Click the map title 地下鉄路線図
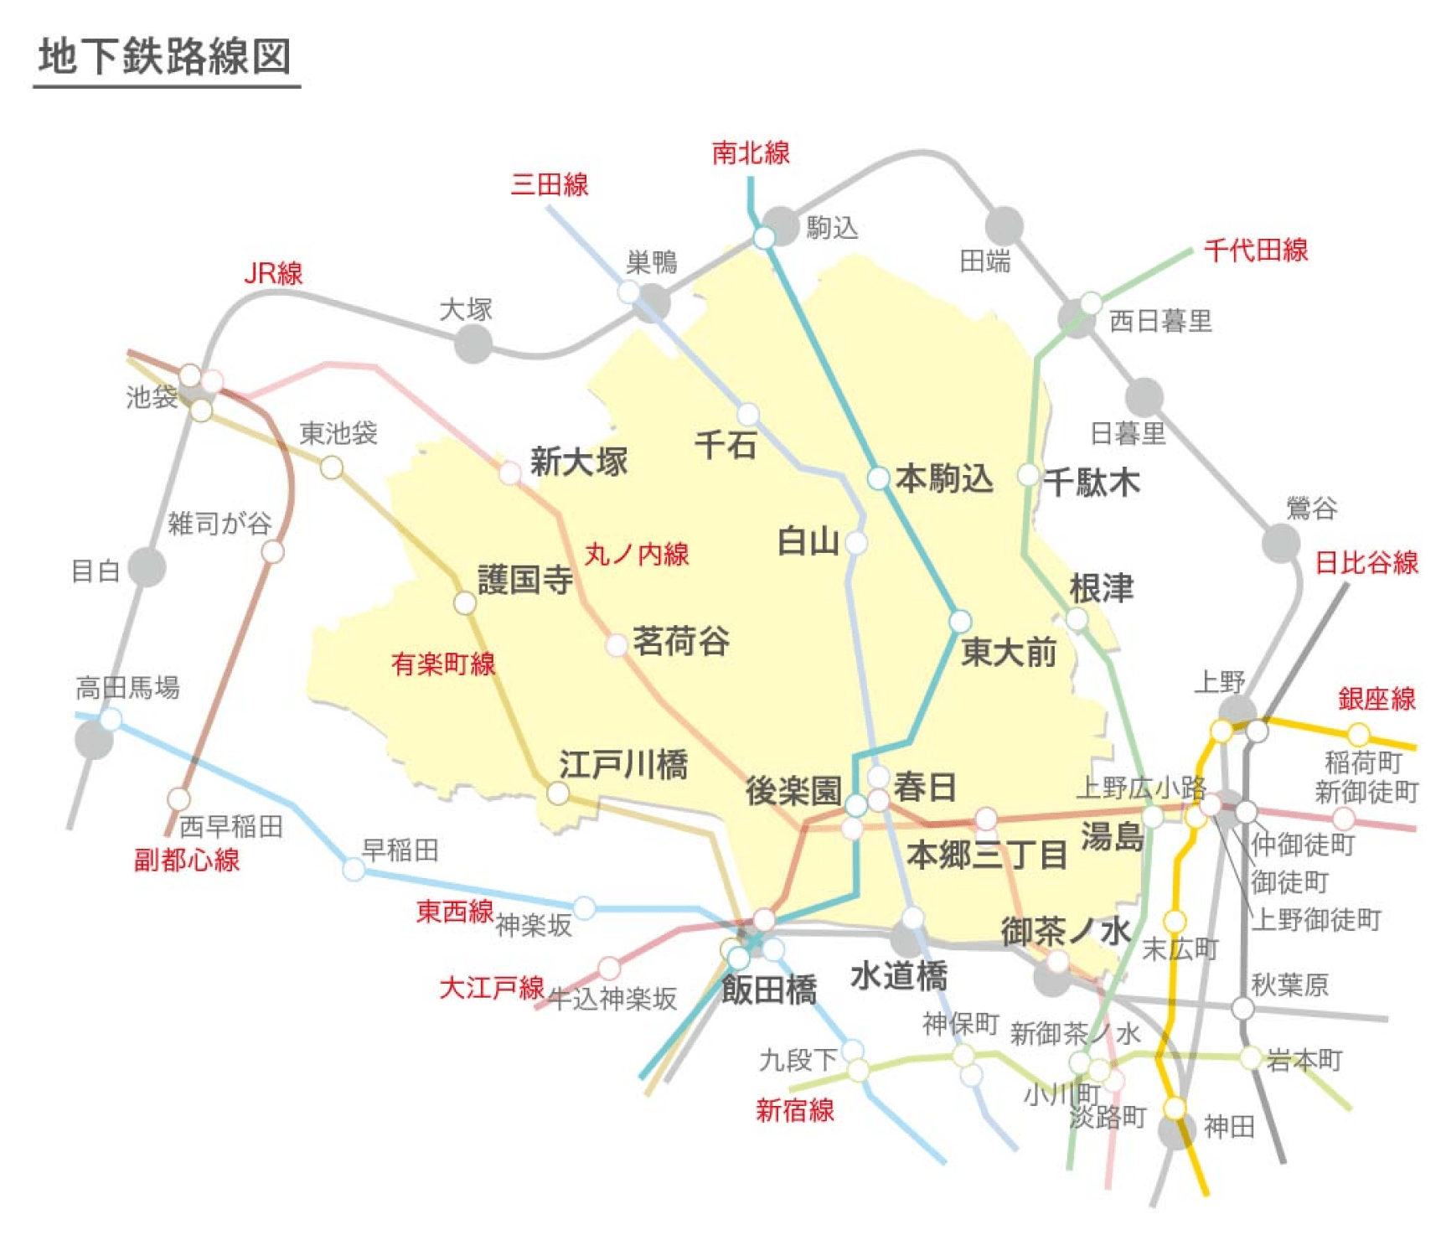165,56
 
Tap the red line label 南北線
751,152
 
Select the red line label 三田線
550,184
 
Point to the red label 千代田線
1255,250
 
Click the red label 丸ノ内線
637,554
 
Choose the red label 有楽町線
443,664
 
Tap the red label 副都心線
187,860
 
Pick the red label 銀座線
1376,699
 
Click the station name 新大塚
579,462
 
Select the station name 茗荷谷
680,641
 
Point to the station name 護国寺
525,580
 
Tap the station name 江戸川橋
623,765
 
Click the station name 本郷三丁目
987,855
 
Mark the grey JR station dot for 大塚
473,344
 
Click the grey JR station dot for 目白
147,567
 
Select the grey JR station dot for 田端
1004,225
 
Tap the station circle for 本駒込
878,478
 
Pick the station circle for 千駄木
1029,475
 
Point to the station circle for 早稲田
354,870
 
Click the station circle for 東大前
960,621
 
